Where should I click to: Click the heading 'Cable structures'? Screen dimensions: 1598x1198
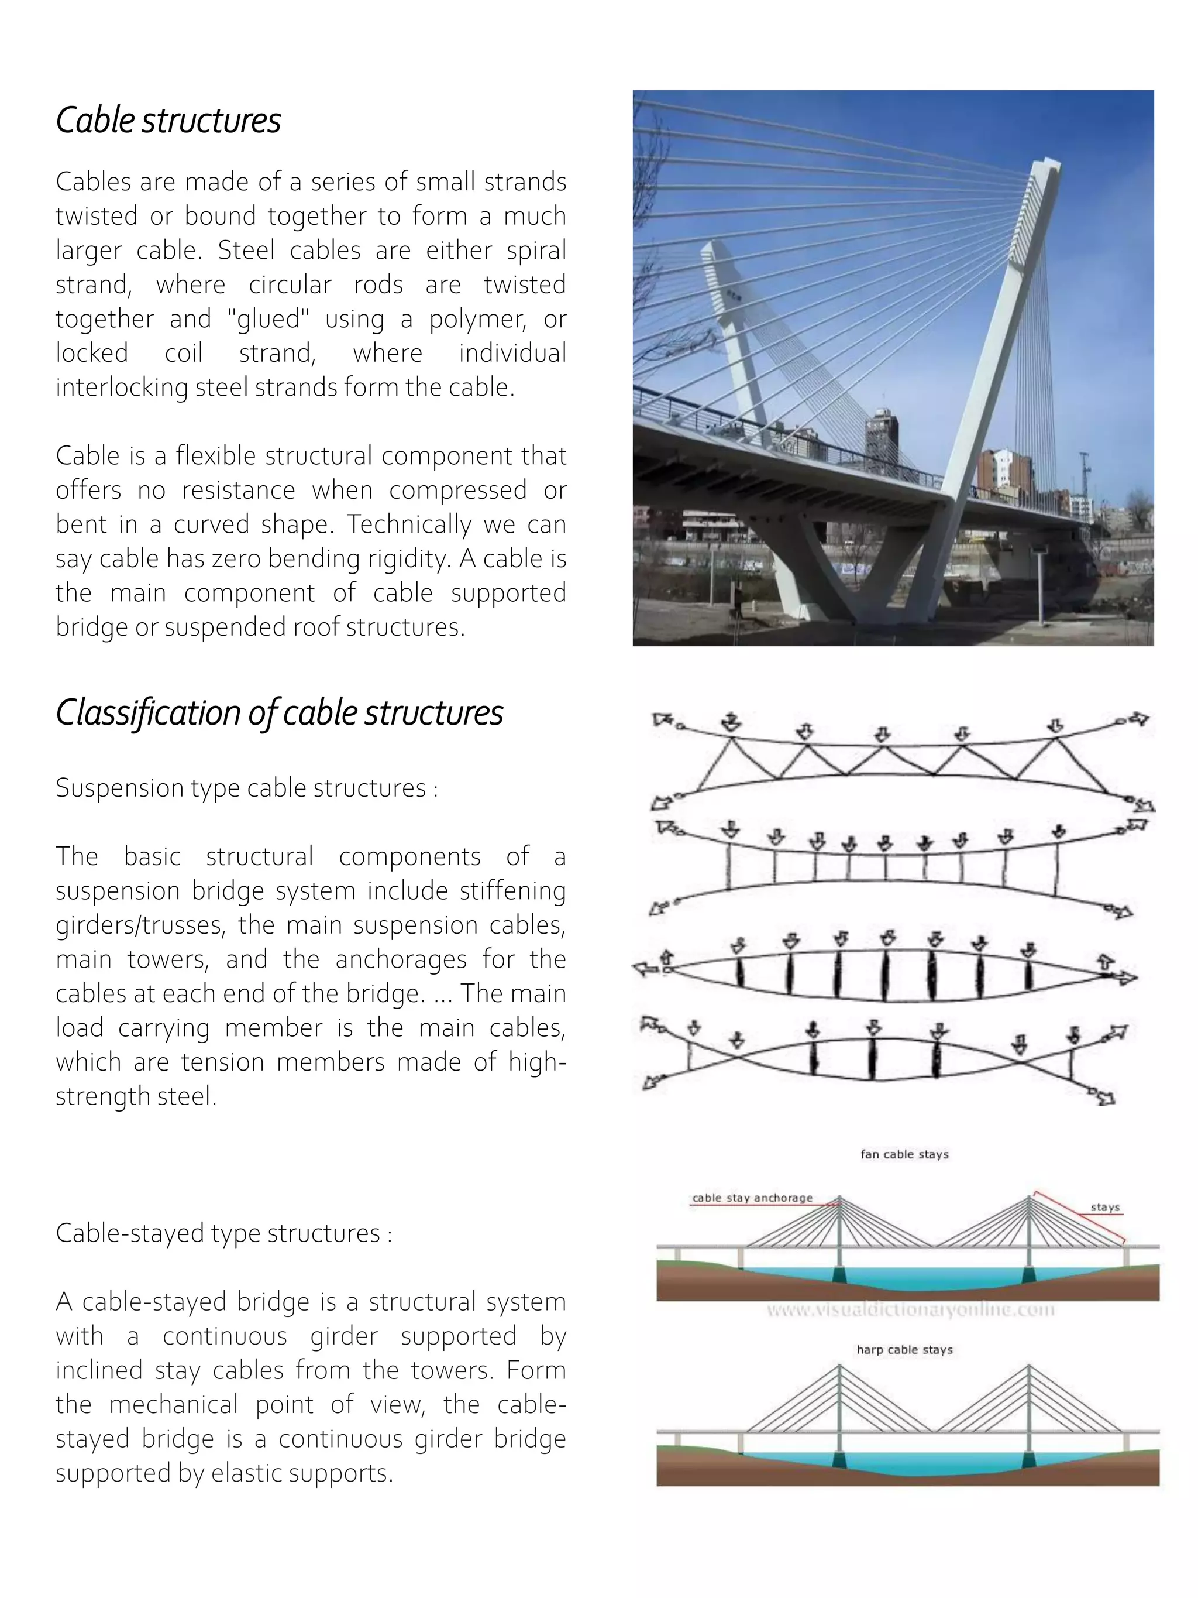coord(168,121)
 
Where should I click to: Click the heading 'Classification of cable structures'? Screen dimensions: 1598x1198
coord(280,713)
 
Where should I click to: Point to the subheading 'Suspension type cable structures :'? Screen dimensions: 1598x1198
coord(247,787)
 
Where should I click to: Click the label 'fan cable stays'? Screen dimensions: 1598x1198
coord(904,1154)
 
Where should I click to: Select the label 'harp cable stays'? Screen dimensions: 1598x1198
coord(904,1349)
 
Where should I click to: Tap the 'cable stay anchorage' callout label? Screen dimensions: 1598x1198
coord(752,1198)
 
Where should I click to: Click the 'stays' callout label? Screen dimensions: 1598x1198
coord(1105,1207)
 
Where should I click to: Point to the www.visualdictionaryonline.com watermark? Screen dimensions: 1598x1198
coord(910,1310)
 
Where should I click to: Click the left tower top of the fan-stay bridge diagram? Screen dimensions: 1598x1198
coord(839,1199)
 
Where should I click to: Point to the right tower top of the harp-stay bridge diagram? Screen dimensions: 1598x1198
coord(1029,1367)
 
